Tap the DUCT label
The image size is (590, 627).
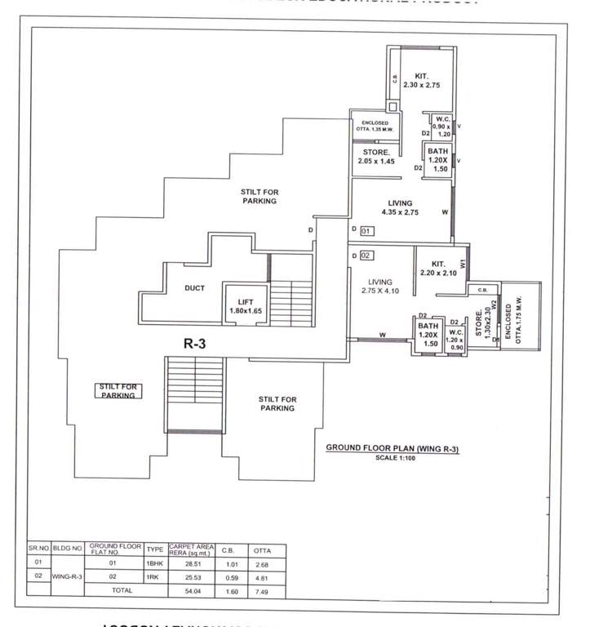tap(194, 288)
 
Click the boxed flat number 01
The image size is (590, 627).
tap(366, 231)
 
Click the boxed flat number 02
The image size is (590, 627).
tap(366, 256)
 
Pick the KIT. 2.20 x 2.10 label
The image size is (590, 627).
tap(438, 269)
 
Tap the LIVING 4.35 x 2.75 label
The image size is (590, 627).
tap(400, 207)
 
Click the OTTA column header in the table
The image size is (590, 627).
tap(261, 548)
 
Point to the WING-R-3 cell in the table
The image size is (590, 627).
tap(68, 576)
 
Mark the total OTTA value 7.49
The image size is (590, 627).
tap(261, 589)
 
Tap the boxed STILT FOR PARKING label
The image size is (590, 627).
tap(118, 390)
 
